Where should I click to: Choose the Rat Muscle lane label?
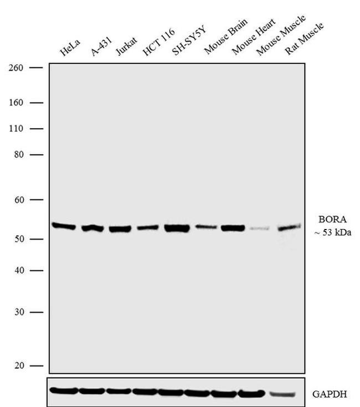304,38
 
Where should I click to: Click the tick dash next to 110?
36,129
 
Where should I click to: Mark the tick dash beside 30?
36,312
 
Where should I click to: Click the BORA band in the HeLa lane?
64,226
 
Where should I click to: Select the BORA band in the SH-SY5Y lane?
177,228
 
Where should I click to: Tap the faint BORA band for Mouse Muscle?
258,228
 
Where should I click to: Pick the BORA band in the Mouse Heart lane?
233,227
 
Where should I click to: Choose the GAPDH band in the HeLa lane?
63,390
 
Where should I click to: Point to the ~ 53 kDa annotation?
331,233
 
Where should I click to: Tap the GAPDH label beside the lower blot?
329,394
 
